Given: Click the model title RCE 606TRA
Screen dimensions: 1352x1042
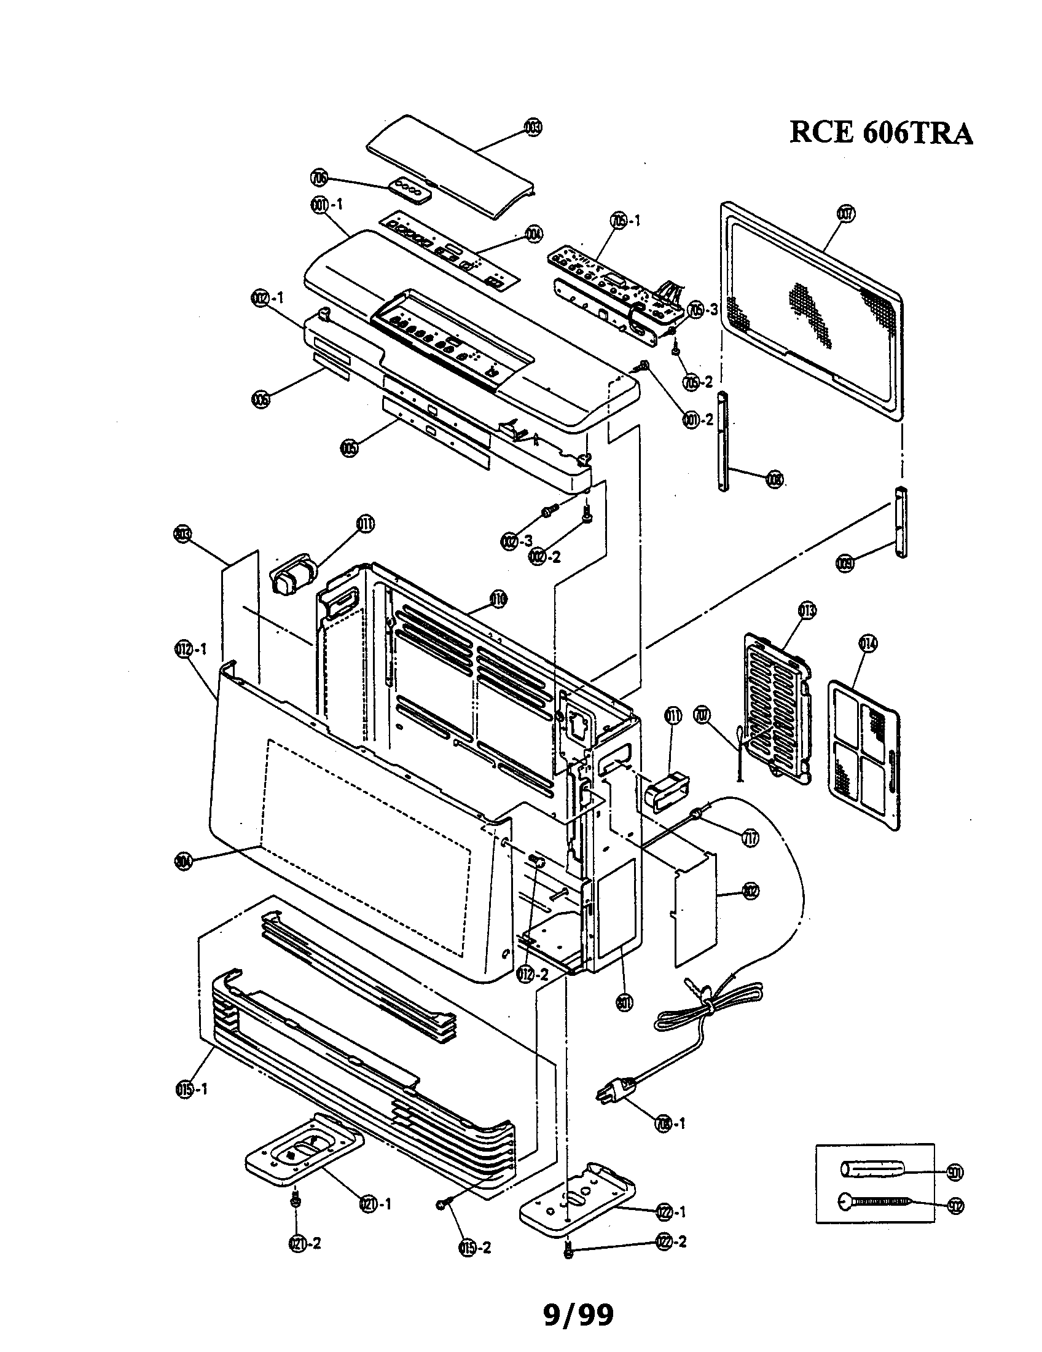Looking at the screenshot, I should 880,133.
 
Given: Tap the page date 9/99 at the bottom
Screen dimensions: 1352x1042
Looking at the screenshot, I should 579,1315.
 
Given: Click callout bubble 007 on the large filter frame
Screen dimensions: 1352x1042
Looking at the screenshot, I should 845,214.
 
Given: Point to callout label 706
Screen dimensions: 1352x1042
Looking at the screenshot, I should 319,178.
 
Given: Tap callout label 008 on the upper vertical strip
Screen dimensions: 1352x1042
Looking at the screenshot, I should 774,479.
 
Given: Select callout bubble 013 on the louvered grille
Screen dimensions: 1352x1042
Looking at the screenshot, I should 807,611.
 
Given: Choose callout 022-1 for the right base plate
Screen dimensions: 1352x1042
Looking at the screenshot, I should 671,1212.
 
